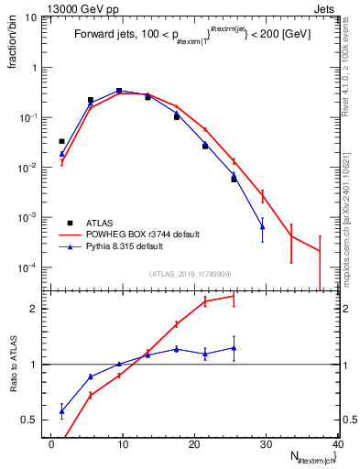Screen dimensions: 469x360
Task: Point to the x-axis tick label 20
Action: click(x=194, y=443)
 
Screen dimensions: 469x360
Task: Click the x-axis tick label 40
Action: click(x=337, y=443)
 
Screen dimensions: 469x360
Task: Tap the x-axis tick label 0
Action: click(x=51, y=443)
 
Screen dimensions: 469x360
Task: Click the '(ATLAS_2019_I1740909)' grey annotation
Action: click(x=190, y=274)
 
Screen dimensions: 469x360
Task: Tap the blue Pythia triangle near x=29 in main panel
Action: click(x=263, y=226)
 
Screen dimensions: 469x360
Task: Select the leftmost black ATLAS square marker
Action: click(x=62, y=141)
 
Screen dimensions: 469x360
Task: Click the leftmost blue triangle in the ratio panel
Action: click(x=62, y=411)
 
